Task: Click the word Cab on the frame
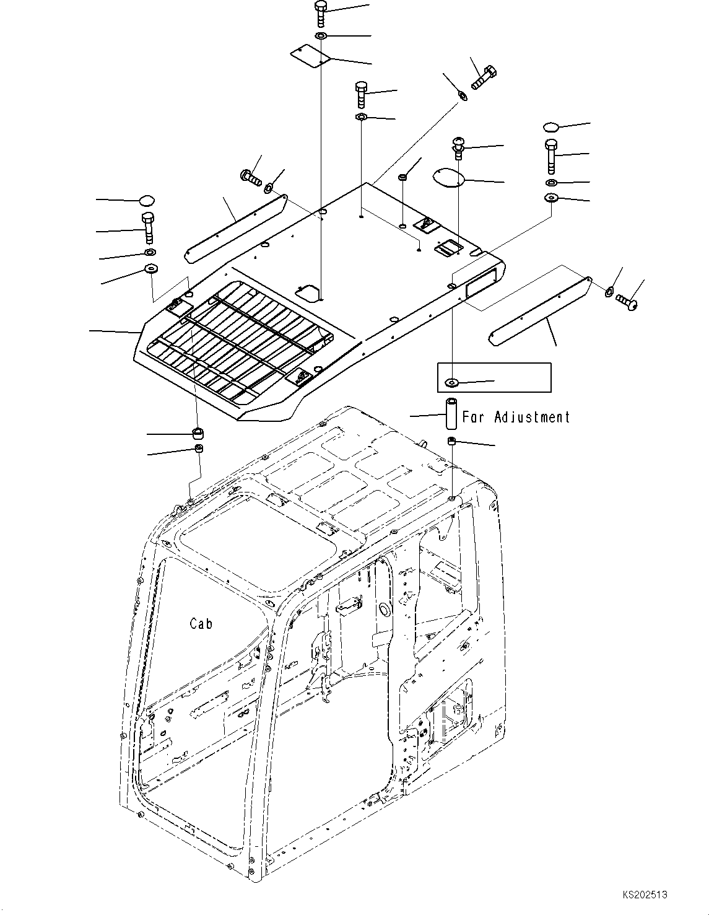(x=201, y=623)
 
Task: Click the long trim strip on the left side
(x=235, y=229)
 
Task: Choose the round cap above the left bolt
(x=147, y=200)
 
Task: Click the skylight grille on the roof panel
(x=241, y=338)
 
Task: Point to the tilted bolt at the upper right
(x=484, y=77)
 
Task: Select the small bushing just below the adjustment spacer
(x=452, y=441)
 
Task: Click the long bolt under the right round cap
(x=551, y=155)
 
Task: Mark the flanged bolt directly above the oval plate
(x=458, y=147)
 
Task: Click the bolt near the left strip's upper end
(x=251, y=177)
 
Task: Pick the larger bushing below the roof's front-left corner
(x=198, y=432)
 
